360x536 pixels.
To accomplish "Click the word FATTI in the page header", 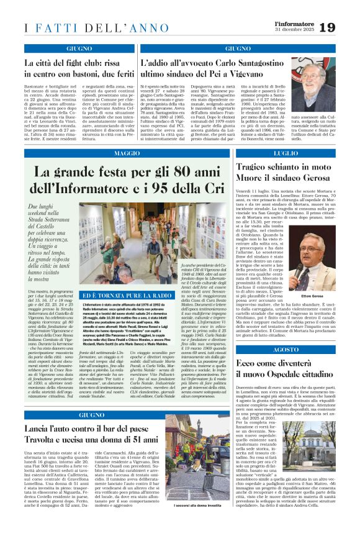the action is [53, 28].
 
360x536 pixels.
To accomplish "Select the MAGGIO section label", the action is [127, 153].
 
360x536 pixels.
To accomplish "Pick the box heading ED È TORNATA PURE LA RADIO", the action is [115, 296].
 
